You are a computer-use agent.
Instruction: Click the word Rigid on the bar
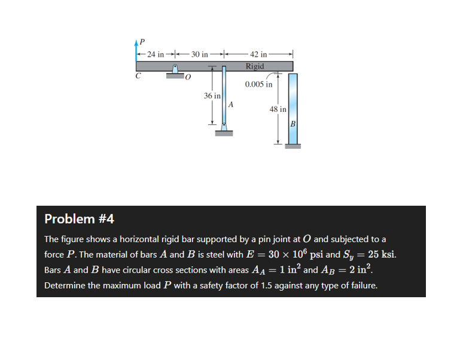pyautogui.click(x=255, y=66)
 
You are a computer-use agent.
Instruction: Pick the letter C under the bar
pyautogui.click(x=138, y=76)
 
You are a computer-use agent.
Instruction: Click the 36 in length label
pyautogui.click(x=212, y=96)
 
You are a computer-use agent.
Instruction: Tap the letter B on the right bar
pyautogui.click(x=293, y=124)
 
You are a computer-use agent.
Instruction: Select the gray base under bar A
pyautogui.click(x=223, y=133)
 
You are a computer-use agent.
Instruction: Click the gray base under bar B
pyautogui.click(x=293, y=147)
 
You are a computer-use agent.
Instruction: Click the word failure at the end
pyautogui.click(x=361, y=285)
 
